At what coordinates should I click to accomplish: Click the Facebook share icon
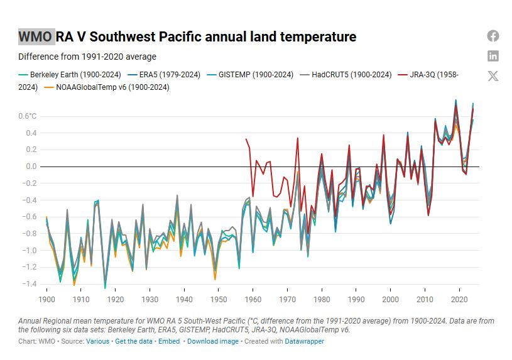(x=493, y=36)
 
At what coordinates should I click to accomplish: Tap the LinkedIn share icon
(x=493, y=56)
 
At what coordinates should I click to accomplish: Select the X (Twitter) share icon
(x=493, y=76)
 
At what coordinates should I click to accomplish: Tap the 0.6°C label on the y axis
(x=28, y=116)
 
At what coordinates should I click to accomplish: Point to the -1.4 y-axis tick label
(x=30, y=284)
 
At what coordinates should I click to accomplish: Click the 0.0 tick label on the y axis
(x=31, y=166)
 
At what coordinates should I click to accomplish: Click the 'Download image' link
(x=213, y=341)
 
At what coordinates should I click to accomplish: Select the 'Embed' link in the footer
(x=169, y=341)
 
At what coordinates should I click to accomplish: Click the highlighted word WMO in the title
(x=35, y=36)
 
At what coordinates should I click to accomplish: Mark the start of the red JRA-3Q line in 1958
(x=246, y=139)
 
